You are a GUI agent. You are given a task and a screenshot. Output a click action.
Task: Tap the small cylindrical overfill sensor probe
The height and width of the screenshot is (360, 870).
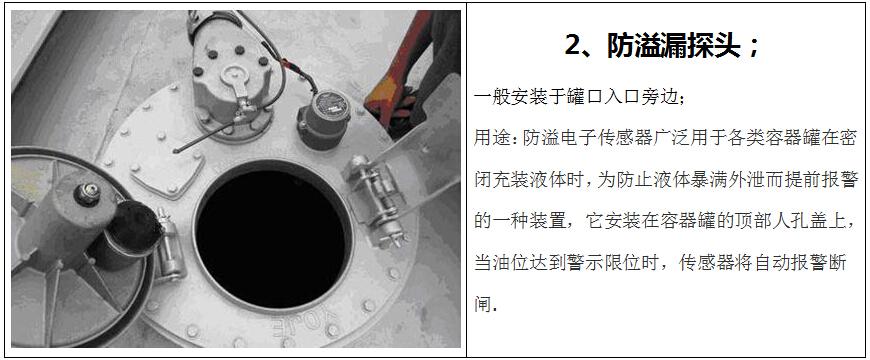click(325, 119)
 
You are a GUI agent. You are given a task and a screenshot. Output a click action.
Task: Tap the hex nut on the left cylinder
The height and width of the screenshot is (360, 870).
click(88, 193)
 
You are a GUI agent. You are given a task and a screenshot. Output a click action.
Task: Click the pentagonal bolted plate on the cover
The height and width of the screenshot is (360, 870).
click(166, 168)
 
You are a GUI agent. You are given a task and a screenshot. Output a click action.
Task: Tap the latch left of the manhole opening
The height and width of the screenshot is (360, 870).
click(169, 244)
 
